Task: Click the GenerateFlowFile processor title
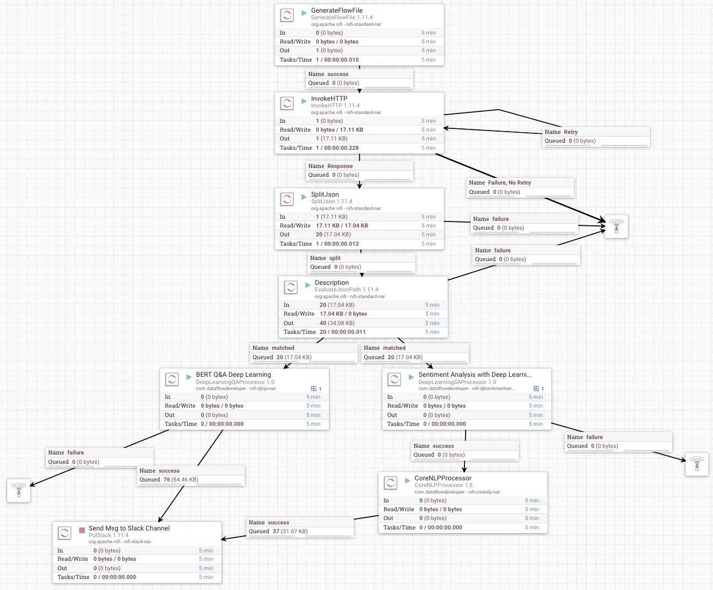pyautogui.click(x=337, y=10)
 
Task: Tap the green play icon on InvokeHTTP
pyautogui.click(x=304, y=101)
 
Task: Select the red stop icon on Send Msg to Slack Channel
pyautogui.click(x=82, y=530)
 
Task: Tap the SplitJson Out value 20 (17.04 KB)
pyautogui.click(x=333, y=235)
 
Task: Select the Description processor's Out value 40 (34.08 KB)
pyautogui.click(x=337, y=323)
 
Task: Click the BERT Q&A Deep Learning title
pyautogui.click(x=233, y=375)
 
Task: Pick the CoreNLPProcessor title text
pyautogui.click(x=443, y=478)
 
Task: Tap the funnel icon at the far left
pyautogui.click(x=19, y=490)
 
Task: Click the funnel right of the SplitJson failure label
pyautogui.click(x=617, y=226)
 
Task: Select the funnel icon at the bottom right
pyautogui.click(x=697, y=464)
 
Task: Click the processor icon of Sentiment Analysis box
pyautogui.click(x=394, y=379)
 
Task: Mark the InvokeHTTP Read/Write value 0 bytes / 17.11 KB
pyautogui.click(x=339, y=130)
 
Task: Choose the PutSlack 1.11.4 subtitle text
pyautogui.click(x=109, y=535)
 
